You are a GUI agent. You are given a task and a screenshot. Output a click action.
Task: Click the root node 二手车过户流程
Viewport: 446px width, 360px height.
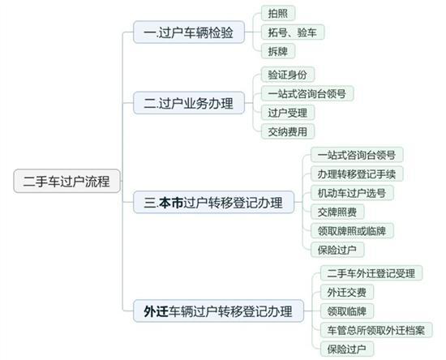pyautogui.click(x=66, y=181)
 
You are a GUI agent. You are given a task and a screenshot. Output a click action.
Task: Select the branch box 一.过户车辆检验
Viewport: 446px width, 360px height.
pyautogui.click(x=189, y=32)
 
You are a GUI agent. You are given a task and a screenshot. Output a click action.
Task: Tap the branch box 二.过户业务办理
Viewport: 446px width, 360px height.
pyautogui.click(x=189, y=103)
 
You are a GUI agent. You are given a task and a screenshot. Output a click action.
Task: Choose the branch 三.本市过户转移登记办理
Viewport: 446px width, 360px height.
pyautogui.click(x=213, y=202)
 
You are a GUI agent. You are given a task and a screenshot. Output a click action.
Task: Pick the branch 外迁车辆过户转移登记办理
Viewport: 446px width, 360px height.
pyautogui.click(x=218, y=311)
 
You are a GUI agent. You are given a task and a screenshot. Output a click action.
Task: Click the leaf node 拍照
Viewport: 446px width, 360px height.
pyautogui.click(x=278, y=13)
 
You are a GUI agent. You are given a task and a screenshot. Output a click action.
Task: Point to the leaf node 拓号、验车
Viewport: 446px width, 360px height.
pyautogui.click(x=293, y=32)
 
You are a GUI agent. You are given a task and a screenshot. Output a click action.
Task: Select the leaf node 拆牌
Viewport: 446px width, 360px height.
pyautogui.click(x=278, y=51)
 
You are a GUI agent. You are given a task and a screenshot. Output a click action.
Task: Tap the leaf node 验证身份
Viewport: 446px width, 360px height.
pyautogui.click(x=288, y=75)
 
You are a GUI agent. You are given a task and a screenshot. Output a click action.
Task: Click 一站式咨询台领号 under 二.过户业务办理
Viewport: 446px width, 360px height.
pyautogui.click(x=307, y=93)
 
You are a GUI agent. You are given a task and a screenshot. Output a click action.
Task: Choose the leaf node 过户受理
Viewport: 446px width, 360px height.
pyautogui.click(x=288, y=113)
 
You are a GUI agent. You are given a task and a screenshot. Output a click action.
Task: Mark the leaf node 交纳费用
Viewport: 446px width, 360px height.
pyautogui.click(x=288, y=131)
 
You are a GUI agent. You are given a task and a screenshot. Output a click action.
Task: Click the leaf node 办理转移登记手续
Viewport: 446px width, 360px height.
pyautogui.click(x=357, y=174)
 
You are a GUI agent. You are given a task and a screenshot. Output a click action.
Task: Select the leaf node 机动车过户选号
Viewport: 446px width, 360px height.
pyautogui.click(x=352, y=193)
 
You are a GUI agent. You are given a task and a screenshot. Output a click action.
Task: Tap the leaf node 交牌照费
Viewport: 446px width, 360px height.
pyautogui.click(x=337, y=212)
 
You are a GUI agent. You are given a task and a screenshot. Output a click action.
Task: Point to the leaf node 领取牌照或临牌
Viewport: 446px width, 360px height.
pyautogui.click(x=352, y=230)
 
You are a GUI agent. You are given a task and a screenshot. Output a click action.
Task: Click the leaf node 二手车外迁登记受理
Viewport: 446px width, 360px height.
pyautogui.click(x=371, y=273)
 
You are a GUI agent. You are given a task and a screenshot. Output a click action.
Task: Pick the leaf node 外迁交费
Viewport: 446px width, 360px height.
pyautogui.click(x=347, y=292)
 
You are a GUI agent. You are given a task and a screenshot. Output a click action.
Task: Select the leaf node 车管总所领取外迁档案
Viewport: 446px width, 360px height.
pyautogui.click(x=376, y=330)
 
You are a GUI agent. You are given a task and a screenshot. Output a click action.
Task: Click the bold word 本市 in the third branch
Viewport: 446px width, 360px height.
pyautogui.click(x=170, y=203)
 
